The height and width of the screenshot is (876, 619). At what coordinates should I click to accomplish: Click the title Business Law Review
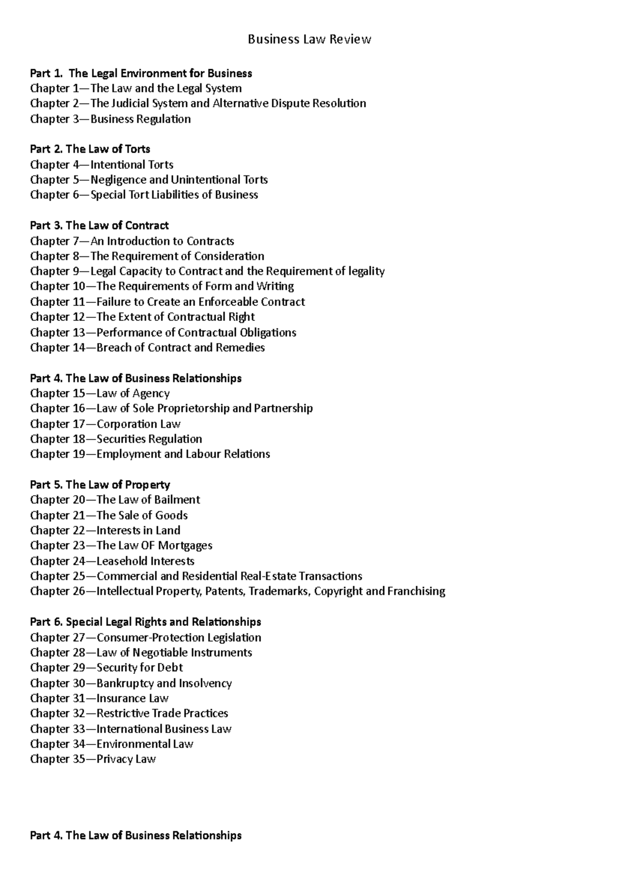(309, 40)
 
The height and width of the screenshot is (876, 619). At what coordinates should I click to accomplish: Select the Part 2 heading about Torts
(90, 149)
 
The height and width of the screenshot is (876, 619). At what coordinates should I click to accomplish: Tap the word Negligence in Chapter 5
(118, 180)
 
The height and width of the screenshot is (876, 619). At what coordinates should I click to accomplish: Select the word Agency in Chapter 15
(151, 394)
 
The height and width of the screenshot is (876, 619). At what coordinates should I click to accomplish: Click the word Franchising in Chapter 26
(416, 591)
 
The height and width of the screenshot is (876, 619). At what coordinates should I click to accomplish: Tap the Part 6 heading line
(145, 622)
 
